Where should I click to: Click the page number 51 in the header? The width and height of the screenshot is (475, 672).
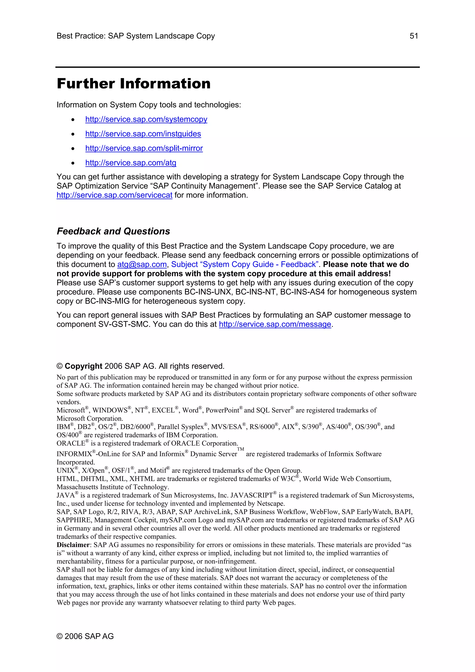414,36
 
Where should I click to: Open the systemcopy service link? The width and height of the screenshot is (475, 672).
146,119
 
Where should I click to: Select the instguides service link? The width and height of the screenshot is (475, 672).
143,134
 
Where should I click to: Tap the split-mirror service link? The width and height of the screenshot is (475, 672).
144,148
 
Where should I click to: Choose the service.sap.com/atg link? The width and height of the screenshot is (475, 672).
131,163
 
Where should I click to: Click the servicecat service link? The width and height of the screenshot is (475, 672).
114,195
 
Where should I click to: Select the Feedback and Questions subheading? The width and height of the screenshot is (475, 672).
113,231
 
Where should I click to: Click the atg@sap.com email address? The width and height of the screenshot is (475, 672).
142,265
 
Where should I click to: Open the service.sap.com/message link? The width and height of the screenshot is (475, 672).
275,324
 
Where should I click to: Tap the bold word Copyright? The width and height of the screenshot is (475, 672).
83,366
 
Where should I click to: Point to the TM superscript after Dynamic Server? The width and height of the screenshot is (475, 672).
241,449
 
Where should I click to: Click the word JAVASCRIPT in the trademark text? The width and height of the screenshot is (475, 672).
251,496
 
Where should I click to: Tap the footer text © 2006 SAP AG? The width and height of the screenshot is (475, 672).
85,636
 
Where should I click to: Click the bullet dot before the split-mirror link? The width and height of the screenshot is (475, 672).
73,149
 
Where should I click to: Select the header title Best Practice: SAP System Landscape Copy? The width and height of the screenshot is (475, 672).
135,36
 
